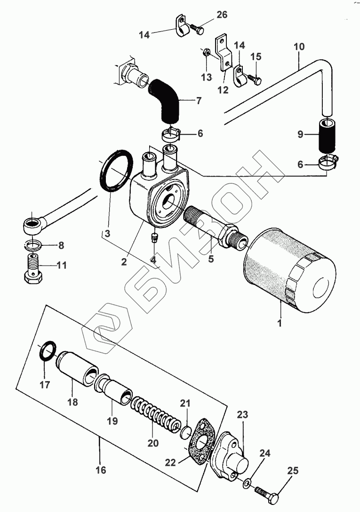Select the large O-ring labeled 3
116,171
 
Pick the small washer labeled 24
247,484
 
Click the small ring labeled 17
46,351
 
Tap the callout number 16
100,470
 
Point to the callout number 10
299,47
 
